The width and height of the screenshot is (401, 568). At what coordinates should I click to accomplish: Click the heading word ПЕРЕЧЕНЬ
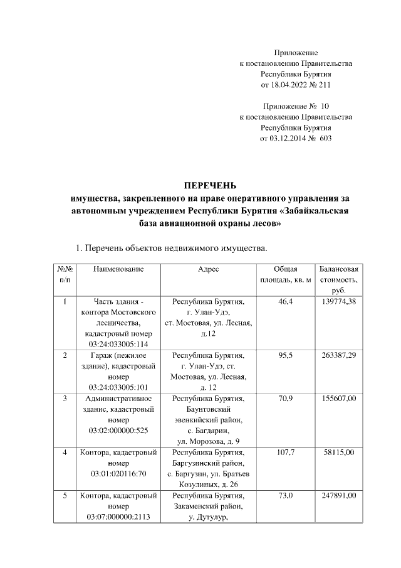point(209,185)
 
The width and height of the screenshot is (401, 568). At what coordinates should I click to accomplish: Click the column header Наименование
point(118,269)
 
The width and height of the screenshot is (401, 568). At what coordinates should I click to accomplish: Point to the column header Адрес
point(208,269)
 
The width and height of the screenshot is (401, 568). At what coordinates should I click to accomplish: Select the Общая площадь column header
point(286,274)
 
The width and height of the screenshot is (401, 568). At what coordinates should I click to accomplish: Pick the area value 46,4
point(286,302)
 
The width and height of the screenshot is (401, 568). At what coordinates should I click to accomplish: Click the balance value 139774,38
point(338,302)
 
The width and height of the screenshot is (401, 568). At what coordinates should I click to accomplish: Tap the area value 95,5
point(286,355)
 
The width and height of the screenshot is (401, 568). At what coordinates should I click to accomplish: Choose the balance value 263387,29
point(338,355)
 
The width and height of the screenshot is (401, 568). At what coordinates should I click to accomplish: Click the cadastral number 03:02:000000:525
point(118,432)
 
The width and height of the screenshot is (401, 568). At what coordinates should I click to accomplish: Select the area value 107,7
point(286,451)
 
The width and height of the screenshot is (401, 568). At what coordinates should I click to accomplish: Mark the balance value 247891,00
point(338,496)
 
